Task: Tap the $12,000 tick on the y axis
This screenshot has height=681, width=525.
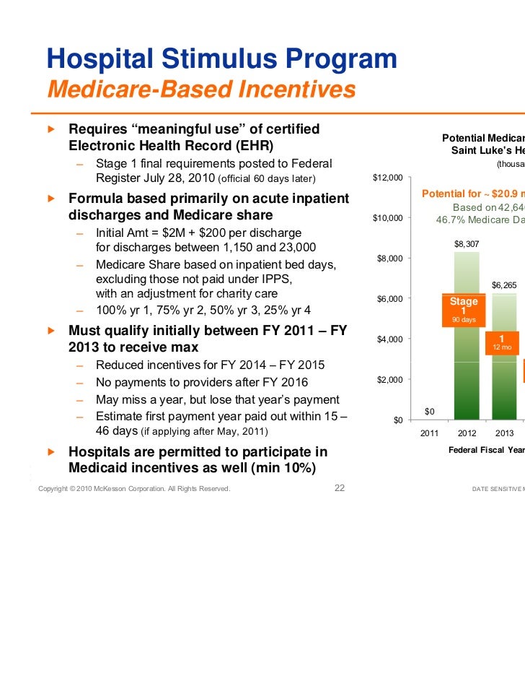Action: [388, 178]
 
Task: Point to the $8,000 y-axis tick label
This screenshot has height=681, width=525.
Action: [390, 259]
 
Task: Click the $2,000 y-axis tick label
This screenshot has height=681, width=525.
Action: [390, 380]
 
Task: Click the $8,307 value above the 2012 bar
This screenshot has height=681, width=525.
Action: [466, 244]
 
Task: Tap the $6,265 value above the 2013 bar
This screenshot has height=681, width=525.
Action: [503, 285]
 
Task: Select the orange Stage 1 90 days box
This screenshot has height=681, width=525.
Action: [464, 309]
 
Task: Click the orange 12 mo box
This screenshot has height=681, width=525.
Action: [501, 342]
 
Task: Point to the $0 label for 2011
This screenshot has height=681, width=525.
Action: [429, 412]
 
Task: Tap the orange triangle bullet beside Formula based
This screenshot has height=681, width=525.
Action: [50, 197]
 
